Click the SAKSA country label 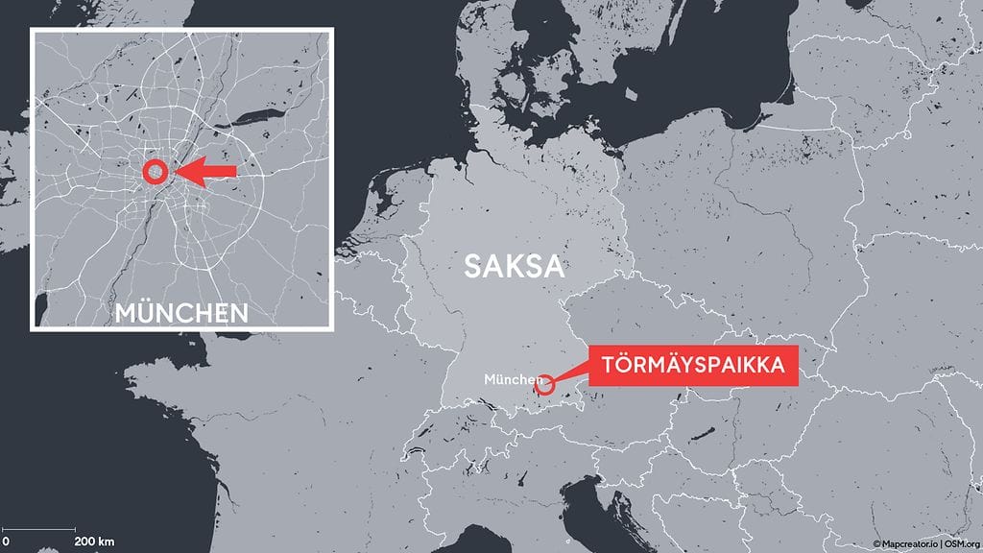pos(513,266)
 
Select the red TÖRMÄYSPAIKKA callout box pos(694,366)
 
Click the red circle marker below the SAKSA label pos(545,385)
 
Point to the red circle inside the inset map pos(155,172)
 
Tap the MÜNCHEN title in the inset pos(181,312)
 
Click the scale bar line pos(39,530)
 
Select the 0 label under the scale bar pos(6,542)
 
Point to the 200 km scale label pos(94,542)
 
